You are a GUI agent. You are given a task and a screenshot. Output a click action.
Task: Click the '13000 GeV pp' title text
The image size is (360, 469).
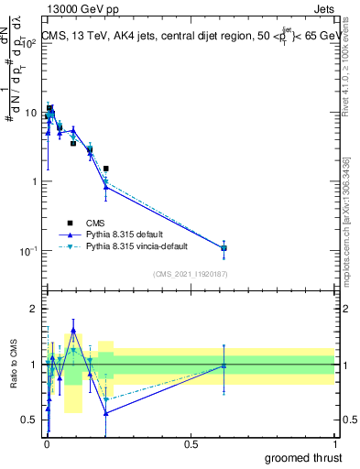[76, 7]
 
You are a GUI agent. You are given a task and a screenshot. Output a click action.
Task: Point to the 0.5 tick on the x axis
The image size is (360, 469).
[191, 442]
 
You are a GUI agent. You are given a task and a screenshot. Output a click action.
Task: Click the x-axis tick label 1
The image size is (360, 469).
[335, 442]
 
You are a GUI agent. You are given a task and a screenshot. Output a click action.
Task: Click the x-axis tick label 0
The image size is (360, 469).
[46, 442]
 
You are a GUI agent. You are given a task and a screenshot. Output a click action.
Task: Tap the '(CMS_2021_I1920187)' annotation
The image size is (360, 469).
[191, 273]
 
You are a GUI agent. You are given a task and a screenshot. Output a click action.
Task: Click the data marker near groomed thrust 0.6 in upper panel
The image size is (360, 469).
[224, 248]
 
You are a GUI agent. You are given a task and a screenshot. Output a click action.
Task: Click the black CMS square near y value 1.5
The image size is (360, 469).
[106, 169]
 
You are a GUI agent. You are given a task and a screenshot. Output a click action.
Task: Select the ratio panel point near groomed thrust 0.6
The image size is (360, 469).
[224, 365]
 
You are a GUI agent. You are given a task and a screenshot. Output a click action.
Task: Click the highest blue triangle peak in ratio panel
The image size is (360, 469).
[73, 330]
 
